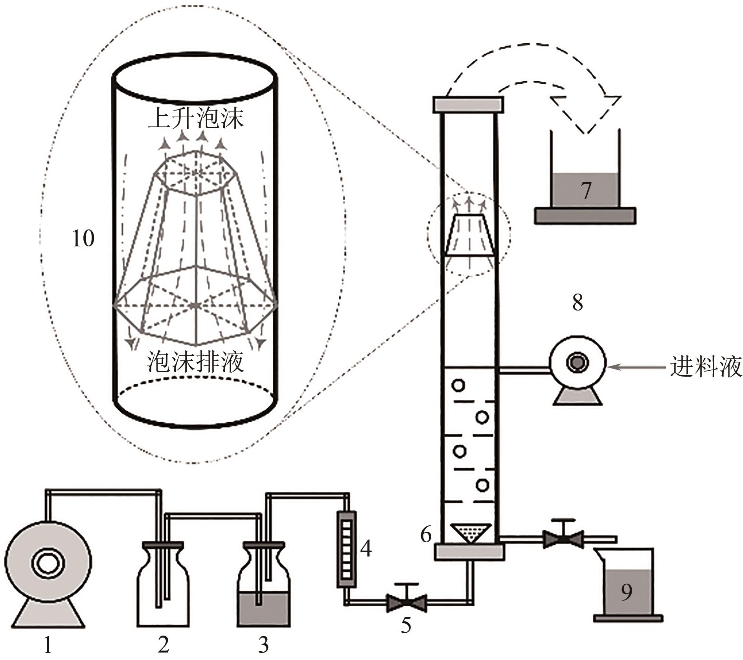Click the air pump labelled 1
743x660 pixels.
click(x=48, y=573)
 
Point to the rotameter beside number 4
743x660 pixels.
click(x=346, y=549)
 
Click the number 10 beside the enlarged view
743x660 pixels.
click(x=83, y=238)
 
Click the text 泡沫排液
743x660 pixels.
click(x=195, y=361)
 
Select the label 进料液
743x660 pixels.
click(x=706, y=367)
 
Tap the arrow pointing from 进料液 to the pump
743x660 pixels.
click(x=637, y=367)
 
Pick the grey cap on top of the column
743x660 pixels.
click(x=468, y=104)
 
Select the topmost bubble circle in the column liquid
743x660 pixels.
click(x=458, y=385)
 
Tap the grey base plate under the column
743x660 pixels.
click(x=469, y=552)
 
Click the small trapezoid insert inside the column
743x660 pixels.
click(x=469, y=235)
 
